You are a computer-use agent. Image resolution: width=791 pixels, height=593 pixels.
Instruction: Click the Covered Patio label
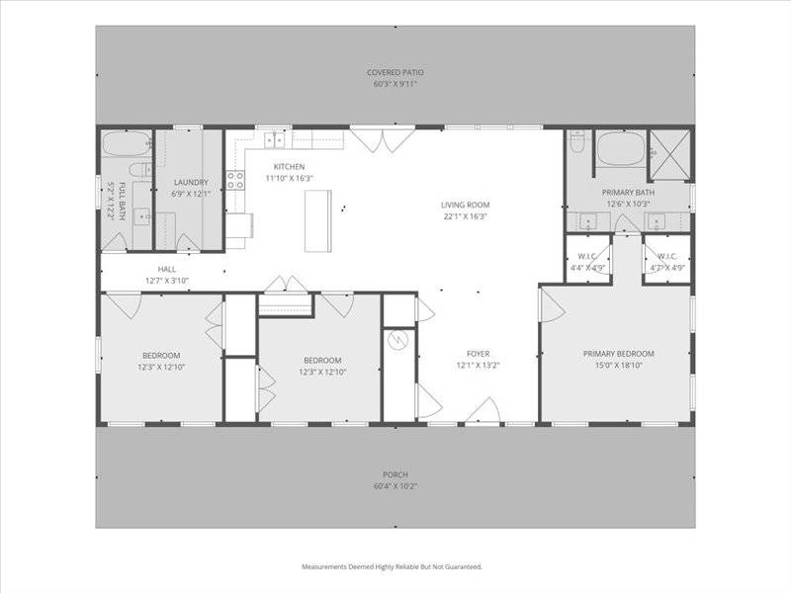pyautogui.click(x=395, y=72)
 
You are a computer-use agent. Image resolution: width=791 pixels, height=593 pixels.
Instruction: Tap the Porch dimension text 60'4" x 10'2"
pyautogui.click(x=395, y=486)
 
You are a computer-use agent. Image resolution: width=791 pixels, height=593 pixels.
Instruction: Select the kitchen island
pyautogui.click(x=317, y=220)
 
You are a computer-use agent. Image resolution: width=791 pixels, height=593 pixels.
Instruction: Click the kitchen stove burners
pyautogui.click(x=235, y=180)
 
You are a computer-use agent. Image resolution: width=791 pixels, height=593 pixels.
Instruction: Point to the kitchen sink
pyautogui.click(x=275, y=140)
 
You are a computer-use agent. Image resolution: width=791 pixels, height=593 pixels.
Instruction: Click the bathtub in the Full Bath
pyautogui.click(x=127, y=143)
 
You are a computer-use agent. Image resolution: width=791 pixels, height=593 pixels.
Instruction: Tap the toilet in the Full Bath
pyautogui.click(x=140, y=170)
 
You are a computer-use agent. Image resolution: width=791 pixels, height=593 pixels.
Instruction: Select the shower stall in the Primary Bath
pyautogui.click(x=669, y=155)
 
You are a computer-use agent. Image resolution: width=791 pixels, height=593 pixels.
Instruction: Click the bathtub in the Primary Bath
pyautogui.click(x=621, y=148)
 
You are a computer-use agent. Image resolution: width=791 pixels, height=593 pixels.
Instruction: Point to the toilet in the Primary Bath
pyautogui.click(x=576, y=141)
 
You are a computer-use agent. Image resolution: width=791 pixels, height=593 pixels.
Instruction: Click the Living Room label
pyautogui.click(x=465, y=205)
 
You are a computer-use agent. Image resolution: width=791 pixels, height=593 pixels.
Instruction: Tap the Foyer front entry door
pyautogui.click(x=483, y=411)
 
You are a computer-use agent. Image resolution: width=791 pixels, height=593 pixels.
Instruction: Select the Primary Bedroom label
pyautogui.click(x=619, y=354)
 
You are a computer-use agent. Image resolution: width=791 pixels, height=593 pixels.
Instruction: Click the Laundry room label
pyautogui.click(x=191, y=182)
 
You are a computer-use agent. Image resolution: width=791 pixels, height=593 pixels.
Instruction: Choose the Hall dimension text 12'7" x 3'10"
pyautogui.click(x=167, y=281)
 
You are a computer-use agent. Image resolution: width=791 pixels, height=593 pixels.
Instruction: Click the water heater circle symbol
pyautogui.click(x=397, y=340)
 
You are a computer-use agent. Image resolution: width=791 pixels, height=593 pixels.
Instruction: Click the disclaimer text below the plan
pyautogui.click(x=392, y=566)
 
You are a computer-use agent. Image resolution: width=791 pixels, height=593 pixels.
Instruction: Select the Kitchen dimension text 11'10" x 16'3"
pyautogui.click(x=290, y=178)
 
